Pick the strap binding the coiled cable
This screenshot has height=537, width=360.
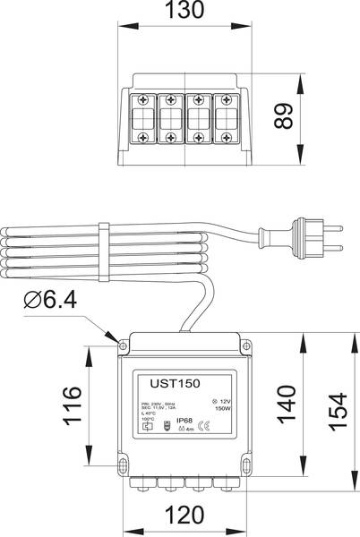(104, 249)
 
